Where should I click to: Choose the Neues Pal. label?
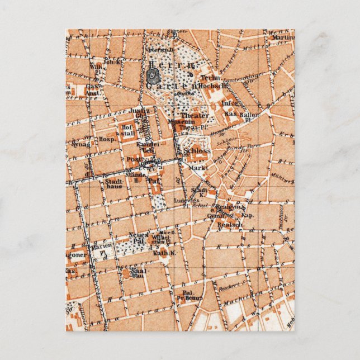pyautogui.click(x=138, y=235)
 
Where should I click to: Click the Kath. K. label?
pyautogui.click(x=161, y=253)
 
